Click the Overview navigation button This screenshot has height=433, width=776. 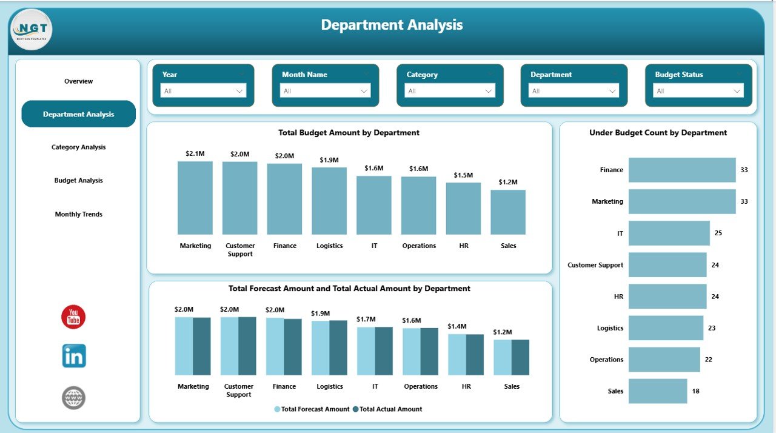click(x=79, y=81)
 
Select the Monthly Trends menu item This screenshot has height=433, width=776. click(x=79, y=214)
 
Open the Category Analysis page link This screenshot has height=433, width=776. click(x=79, y=147)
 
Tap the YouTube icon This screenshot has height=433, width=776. click(x=73, y=317)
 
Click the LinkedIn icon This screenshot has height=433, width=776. click(x=74, y=356)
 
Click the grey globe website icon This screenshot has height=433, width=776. click(x=74, y=398)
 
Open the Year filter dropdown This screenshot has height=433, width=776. click(x=203, y=91)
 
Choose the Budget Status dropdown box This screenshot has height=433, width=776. click(x=698, y=91)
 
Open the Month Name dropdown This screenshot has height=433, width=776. click(x=326, y=91)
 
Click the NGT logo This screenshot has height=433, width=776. click(x=31, y=29)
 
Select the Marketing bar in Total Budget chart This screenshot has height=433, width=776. click(x=195, y=198)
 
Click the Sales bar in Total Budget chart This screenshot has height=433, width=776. click(x=508, y=212)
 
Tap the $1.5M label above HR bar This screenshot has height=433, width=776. click(x=463, y=175)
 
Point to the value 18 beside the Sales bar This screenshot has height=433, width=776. click(x=695, y=391)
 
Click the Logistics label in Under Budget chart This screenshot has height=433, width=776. click(x=610, y=328)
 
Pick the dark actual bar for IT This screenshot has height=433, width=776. click(x=384, y=351)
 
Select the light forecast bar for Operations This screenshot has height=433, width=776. click(x=411, y=352)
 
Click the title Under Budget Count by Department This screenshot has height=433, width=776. click(x=658, y=133)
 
